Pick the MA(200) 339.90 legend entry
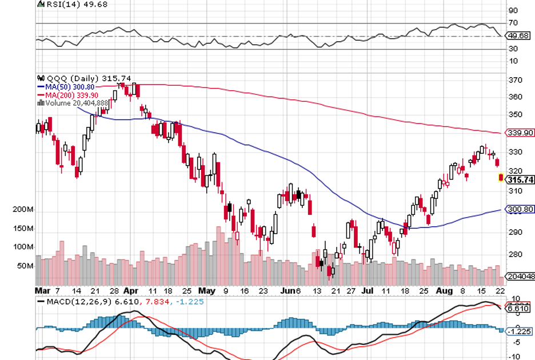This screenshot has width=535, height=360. (71, 95)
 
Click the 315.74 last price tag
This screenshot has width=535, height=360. (520, 179)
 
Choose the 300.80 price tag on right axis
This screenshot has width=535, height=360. (518, 210)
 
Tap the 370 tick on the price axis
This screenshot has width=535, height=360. (514, 81)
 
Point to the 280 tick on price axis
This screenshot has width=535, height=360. (514, 254)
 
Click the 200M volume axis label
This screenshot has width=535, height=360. (23, 210)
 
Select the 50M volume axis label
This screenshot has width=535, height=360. (25, 266)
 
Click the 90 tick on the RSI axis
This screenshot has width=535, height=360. (513, 10)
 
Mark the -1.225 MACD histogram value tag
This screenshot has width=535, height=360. (519, 330)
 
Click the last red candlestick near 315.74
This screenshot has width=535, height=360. (501, 178)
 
